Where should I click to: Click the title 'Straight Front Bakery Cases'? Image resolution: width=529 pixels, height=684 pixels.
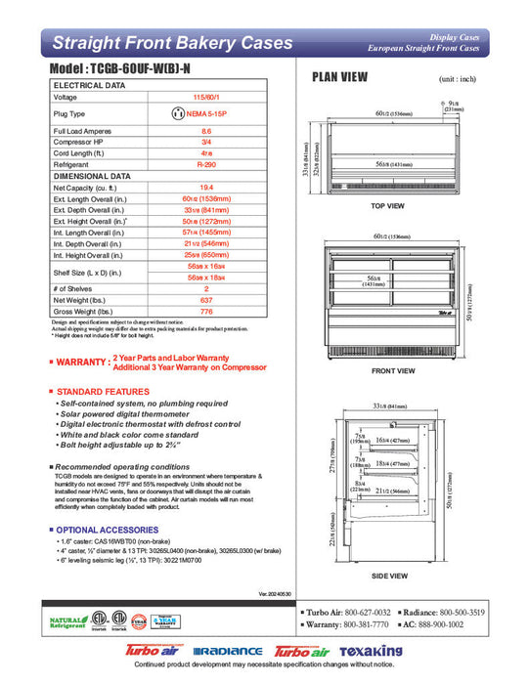pyautogui.click(x=172, y=43)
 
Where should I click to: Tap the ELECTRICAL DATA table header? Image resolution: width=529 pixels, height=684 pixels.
pyautogui.click(x=89, y=86)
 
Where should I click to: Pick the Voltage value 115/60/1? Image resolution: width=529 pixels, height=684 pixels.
pyautogui.click(x=206, y=98)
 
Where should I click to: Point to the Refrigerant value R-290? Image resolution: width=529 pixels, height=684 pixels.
pyautogui.click(x=206, y=166)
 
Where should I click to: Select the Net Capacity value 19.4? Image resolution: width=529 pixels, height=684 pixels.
pyautogui.click(x=206, y=188)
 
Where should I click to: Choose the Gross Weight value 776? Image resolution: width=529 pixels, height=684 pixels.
pyautogui.click(x=206, y=311)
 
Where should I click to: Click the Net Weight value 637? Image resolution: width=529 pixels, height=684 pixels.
pyautogui.click(x=206, y=300)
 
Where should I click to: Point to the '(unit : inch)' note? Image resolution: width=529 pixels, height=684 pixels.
pyautogui.click(x=459, y=78)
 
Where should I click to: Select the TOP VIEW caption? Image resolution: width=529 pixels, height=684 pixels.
pyautogui.click(x=387, y=206)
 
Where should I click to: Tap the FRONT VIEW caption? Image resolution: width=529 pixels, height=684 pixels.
pyautogui.click(x=387, y=371)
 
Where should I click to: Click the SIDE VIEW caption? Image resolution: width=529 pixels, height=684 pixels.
pyautogui.click(x=387, y=577)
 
